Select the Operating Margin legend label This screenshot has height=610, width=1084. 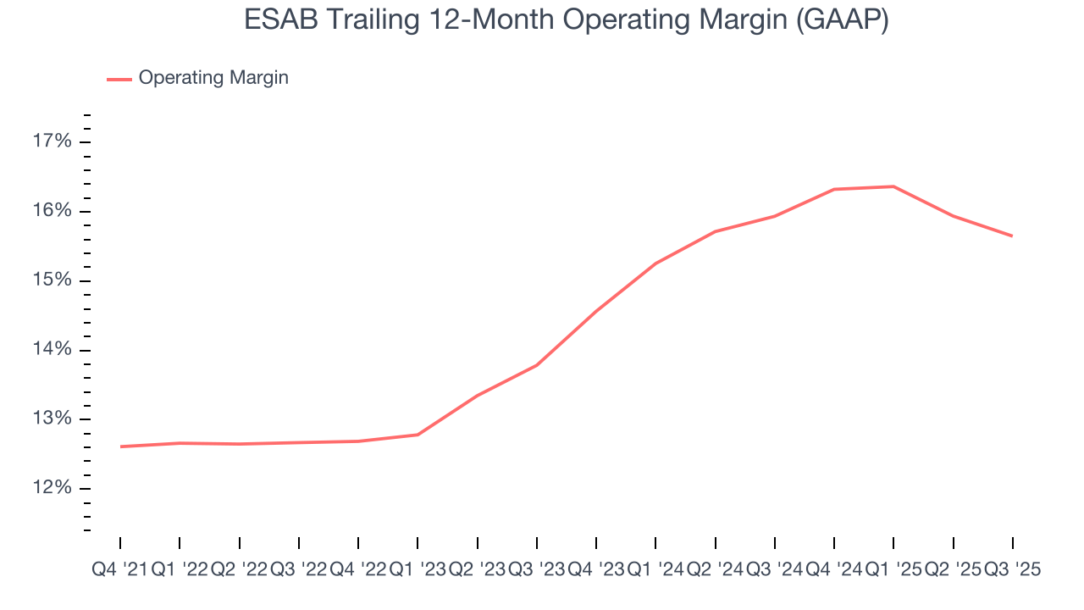pyautogui.click(x=213, y=78)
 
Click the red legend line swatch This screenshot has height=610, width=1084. pyautogui.click(x=119, y=79)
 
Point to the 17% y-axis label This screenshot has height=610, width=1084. pyautogui.click(x=52, y=141)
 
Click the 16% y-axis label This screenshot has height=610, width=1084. pyautogui.click(x=52, y=211)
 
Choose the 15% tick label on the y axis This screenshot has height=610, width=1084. pyautogui.click(x=52, y=280)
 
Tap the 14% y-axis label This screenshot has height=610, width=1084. pyautogui.click(x=52, y=350)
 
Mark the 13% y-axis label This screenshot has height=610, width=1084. pyautogui.click(x=52, y=419)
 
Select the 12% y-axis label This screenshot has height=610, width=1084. pyautogui.click(x=52, y=489)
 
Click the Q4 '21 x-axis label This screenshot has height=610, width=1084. pyautogui.click(x=119, y=570)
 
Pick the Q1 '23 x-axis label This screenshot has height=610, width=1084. pyautogui.click(x=418, y=570)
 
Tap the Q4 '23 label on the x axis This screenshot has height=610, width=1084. pyautogui.click(x=596, y=570)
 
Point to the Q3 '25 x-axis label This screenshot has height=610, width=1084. pyautogui.click(x=1012, y=570)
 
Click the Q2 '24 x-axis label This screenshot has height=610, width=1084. pyautogui.click(x=716, y=570)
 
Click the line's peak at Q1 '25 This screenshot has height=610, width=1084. pyautogui.click(x=893, y=186)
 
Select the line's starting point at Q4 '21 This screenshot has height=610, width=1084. pyautogui.click(x=120, y=446)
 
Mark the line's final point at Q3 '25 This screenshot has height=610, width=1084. pyautogui.click(x=1012, y=236)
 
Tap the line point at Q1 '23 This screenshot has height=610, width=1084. pyautogui.click(x=418, y=435)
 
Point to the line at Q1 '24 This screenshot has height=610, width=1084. pyautogui.click(x=655, y=263)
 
